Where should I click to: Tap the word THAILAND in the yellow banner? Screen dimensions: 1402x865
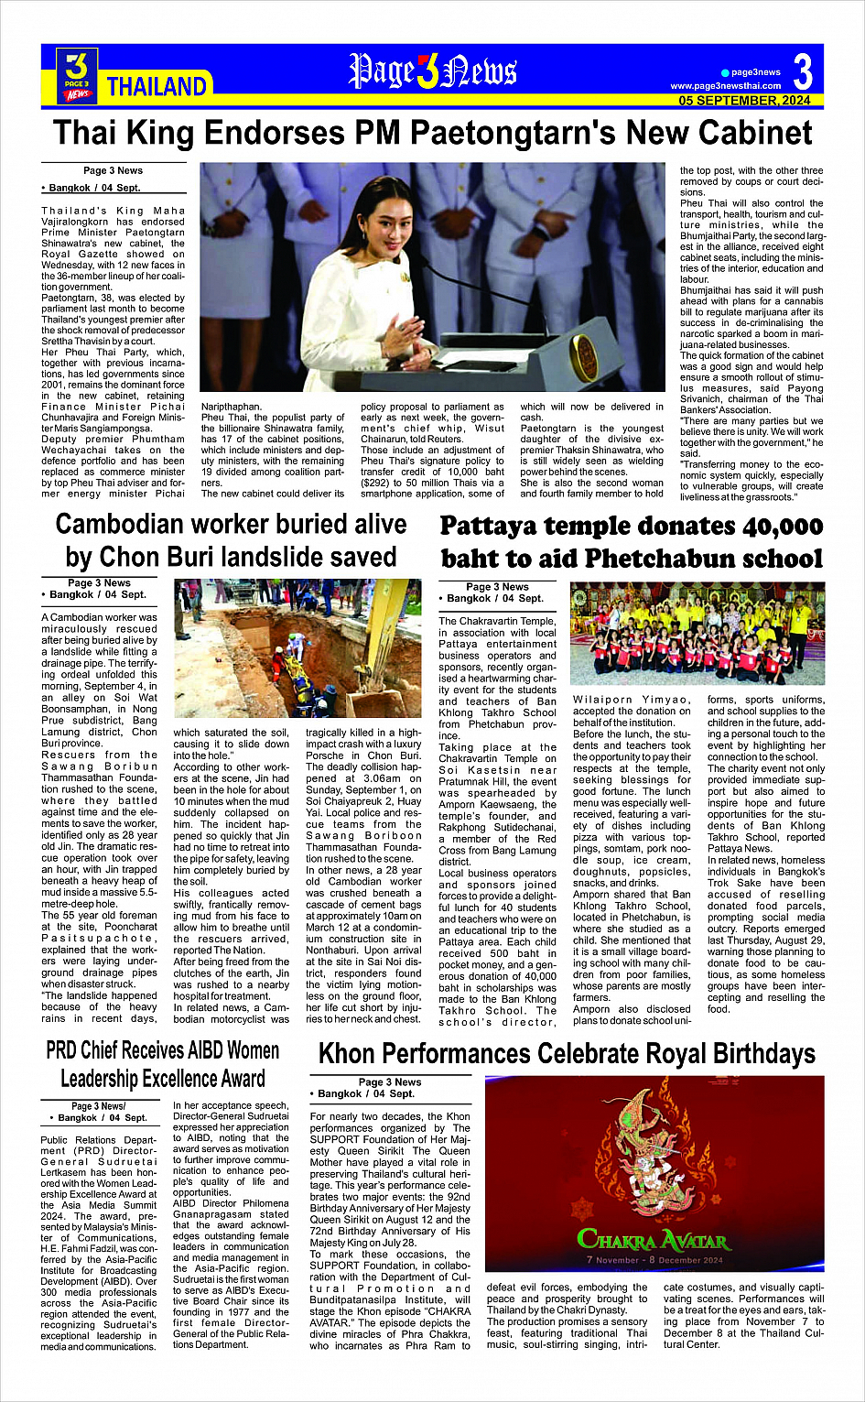pos(157,87)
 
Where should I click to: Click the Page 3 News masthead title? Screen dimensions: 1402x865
pos(432,71)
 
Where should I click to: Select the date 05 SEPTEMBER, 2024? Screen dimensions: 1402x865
pos(744,100)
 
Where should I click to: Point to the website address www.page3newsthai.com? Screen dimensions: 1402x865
pos(725,86)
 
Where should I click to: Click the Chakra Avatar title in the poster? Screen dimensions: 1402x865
pos(654,1241)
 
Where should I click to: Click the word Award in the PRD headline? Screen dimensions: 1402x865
pos(234,1079)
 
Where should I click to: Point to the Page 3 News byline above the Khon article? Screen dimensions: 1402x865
pos(389,1081)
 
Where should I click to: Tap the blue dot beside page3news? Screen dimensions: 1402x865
pos(724,72)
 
